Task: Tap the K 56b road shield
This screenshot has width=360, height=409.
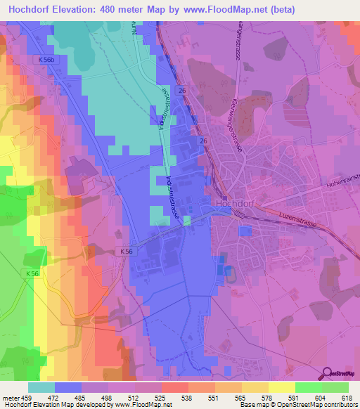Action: [46, 60]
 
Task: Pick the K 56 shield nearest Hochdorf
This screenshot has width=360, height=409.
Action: [126, 250]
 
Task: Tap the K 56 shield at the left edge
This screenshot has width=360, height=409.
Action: [33, 273]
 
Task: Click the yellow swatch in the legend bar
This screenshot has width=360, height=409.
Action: [281, 387]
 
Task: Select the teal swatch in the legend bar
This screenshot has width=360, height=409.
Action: [41, 387]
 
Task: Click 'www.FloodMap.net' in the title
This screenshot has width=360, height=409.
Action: [229, 9]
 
